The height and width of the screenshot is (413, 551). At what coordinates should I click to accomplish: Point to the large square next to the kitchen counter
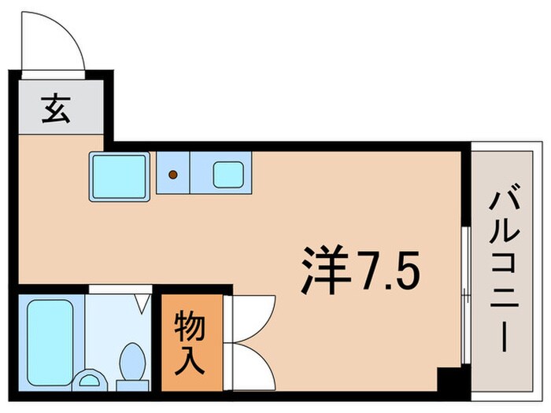click(x=119, y=175)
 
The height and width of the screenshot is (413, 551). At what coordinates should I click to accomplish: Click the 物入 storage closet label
click(x=191, y=342)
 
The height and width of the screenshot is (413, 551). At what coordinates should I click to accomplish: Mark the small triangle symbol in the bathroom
click(x=142, y=301)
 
